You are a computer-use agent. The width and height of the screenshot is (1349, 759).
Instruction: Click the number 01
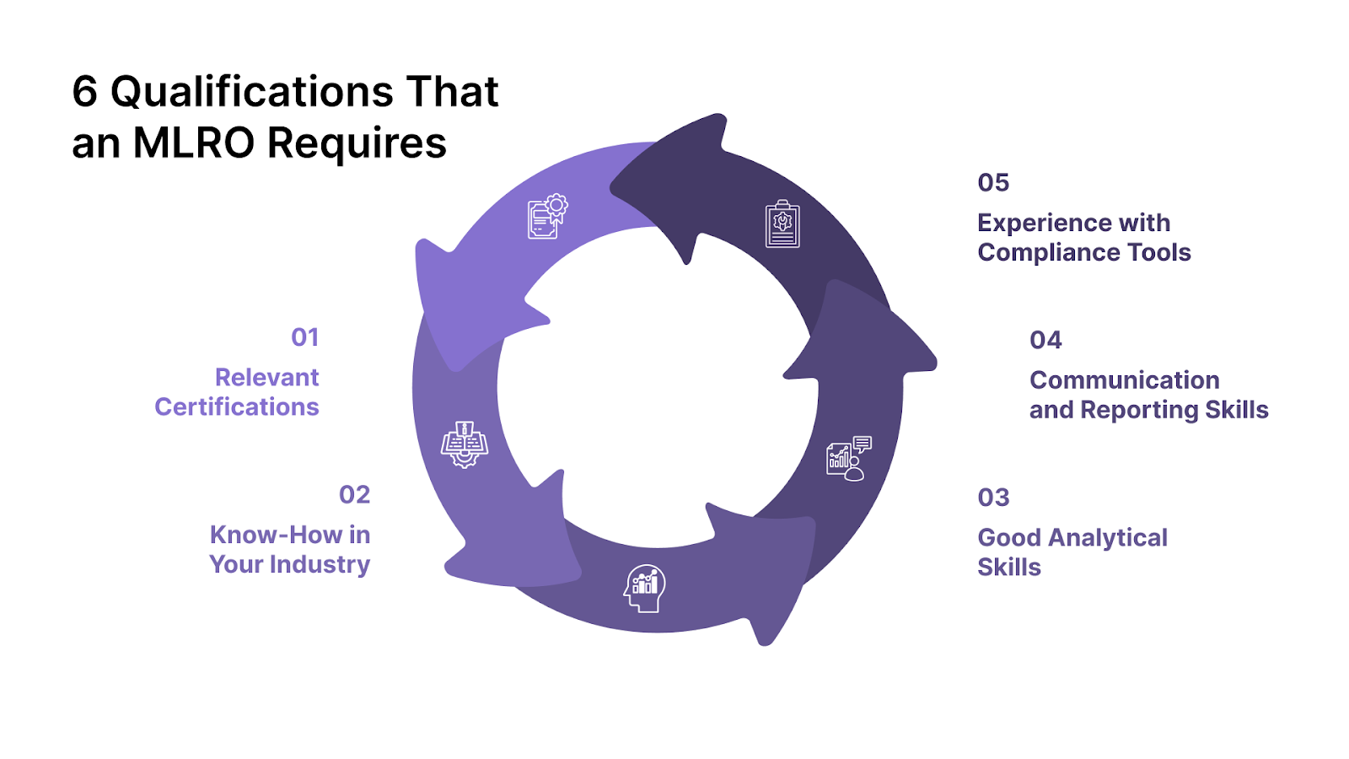click(304, 337)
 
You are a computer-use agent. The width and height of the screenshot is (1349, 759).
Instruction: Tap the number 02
click(354, 495)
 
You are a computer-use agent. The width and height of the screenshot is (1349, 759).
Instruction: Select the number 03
click(993, 498)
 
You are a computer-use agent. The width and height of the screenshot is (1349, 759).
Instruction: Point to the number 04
click(1045, 340)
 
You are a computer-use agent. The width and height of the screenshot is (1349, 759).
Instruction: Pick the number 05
click(993, 183)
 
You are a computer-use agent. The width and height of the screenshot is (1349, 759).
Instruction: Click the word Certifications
click(237, 406)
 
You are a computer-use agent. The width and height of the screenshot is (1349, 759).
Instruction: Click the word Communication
click(1124, 380)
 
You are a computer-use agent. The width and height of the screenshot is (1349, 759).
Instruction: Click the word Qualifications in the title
click(252, 92)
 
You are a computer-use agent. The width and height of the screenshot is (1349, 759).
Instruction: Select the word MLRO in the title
click(194, 143)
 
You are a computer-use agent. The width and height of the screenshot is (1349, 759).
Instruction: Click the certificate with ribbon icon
click(547, 217)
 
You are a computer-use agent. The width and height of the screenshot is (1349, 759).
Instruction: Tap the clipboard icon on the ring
click(782, 224)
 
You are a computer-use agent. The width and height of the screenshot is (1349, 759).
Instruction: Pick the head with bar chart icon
click(645, 587)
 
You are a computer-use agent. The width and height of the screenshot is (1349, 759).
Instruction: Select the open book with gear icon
click(464, 444)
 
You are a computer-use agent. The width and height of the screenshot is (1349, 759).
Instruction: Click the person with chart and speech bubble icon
click(848, 458)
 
